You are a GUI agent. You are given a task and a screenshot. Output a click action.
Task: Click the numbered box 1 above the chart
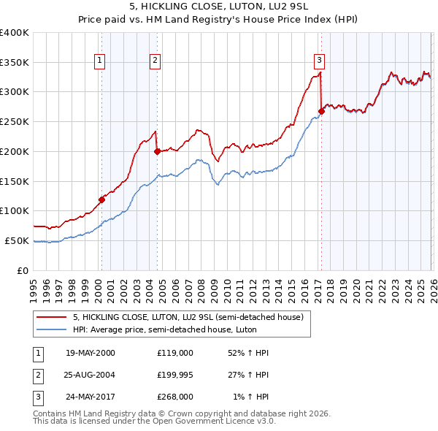click(x=99, y=61)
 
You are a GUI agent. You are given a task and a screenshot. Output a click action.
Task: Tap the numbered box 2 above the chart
click(x=155, y=61)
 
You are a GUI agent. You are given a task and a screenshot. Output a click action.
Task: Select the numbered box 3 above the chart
click(x=320, y=61)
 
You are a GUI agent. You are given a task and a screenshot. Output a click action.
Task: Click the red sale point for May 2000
click(x=102, y=199)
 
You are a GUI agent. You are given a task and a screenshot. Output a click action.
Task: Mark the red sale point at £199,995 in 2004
click(x=157, y=151)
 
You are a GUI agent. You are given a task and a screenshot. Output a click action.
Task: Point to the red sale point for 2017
click(x=321, y=111)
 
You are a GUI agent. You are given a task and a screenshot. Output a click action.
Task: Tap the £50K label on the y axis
click(x=18, y=240)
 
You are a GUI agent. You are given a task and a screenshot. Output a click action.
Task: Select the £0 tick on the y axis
click(x=23, y=270)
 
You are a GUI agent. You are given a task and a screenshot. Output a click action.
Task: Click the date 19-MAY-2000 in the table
click(x=90, y=353)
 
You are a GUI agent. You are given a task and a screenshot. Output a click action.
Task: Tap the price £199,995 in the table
click(x=174, y=375)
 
